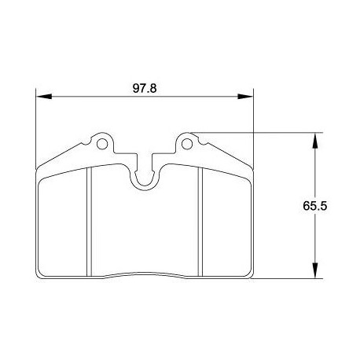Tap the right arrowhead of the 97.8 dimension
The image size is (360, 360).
tap(248, 97)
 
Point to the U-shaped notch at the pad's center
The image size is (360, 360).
tap(145, 177)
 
